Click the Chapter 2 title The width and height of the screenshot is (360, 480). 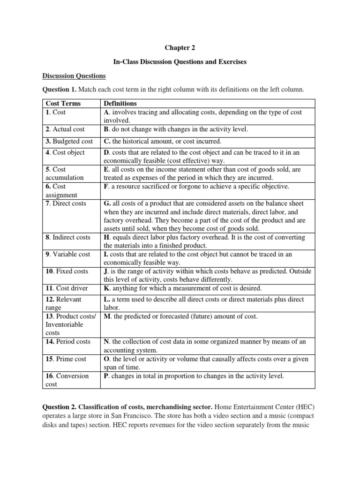[180, 48]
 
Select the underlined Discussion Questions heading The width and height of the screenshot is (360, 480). [74, 75]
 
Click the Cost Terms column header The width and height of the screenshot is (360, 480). [63, 103]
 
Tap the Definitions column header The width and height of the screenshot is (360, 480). [120, 103]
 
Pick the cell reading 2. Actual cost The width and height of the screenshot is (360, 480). [65, 129]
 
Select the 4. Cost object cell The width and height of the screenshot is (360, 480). [65, 153]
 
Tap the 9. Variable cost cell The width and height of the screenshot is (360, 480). [67, 254]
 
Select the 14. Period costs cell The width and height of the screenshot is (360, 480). [68, 342]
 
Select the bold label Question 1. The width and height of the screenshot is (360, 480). [60, 89]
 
